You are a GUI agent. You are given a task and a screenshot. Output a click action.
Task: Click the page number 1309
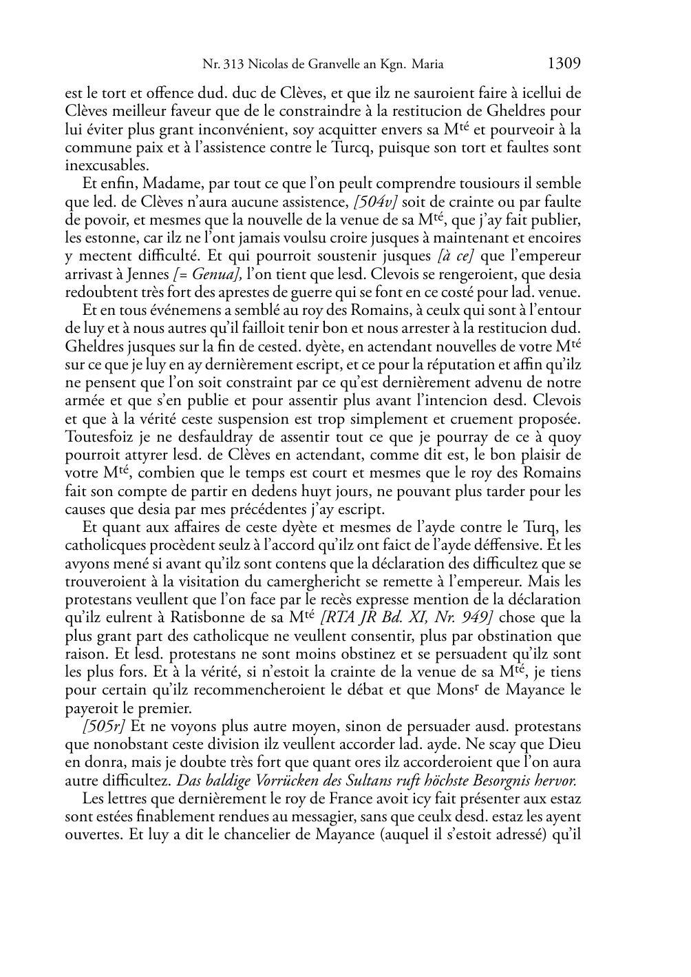(564, 64)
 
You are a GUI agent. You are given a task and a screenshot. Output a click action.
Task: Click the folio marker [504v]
(374, 202)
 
